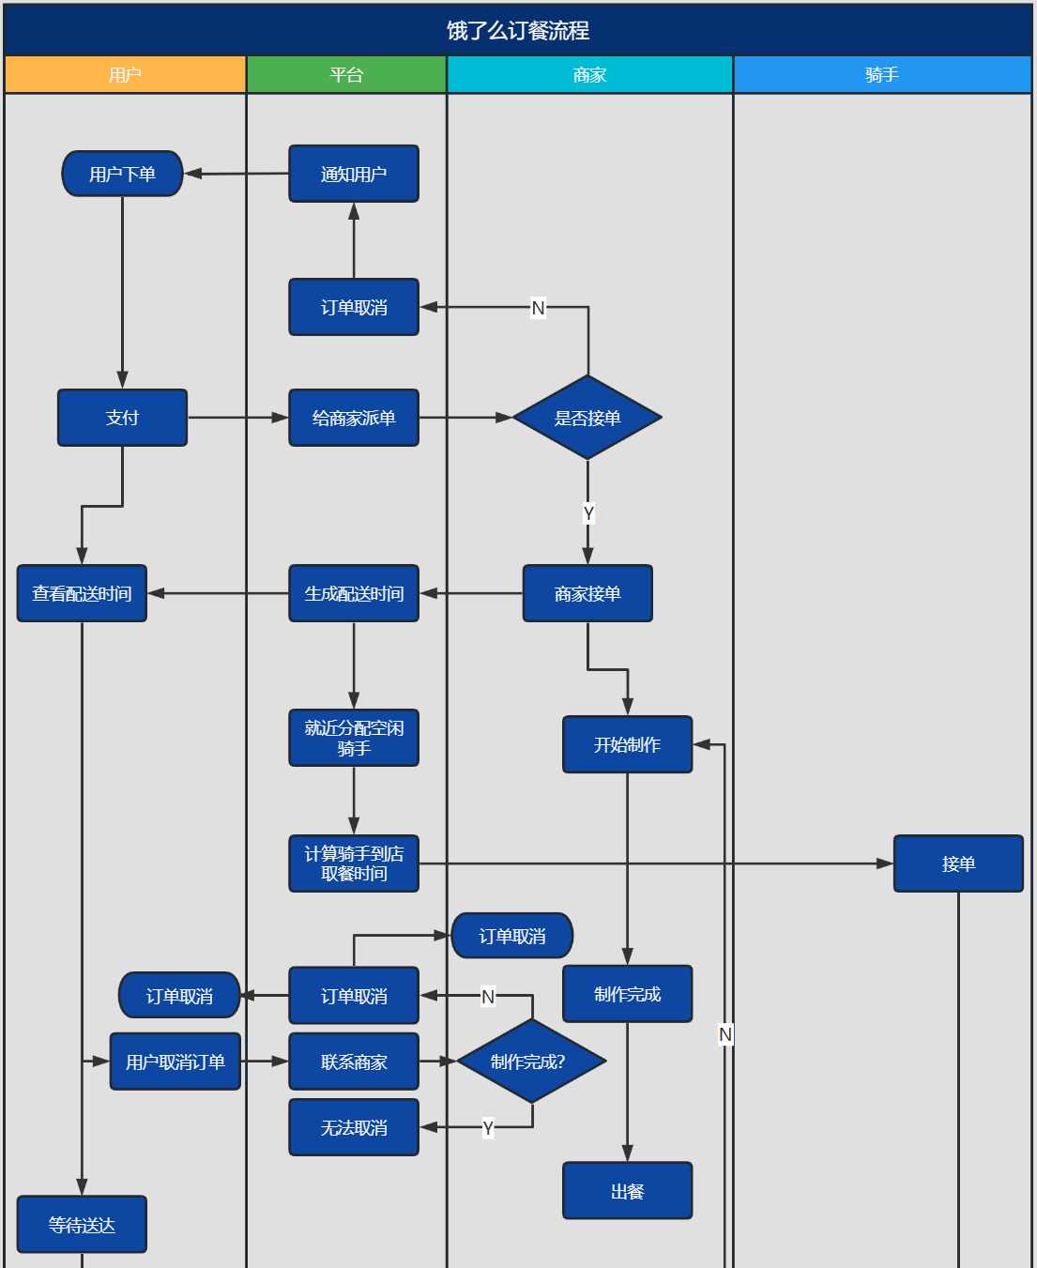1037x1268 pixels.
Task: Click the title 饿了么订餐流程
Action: [x=518, y=31]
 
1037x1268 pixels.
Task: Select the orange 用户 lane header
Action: [x=125, y=75]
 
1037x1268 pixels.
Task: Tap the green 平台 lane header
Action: [x=346, y=75]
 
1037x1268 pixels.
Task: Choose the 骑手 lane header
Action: [x=882, y=75]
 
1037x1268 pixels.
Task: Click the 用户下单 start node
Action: [x=122, y=174]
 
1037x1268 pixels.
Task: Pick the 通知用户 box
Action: [x=354, y=174]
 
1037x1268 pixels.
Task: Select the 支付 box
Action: [x=122, y=418]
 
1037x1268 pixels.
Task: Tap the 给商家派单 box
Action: [x=354, y=418]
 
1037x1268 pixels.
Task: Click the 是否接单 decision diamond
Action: [x=587, y=418]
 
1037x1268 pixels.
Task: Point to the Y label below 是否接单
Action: [x=588, y=513]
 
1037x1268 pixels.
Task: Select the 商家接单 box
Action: [x=587, y=593]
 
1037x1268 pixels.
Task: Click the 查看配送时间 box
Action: [x=82, y=593]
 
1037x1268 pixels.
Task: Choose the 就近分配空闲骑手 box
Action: [x=354, y=738]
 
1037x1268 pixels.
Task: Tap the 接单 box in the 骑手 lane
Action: [x=958, y=863]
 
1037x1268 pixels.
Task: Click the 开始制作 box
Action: [x=627, y=744]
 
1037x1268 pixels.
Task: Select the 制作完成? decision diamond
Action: [x=531, y=1062]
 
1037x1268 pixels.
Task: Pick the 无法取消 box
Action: [x=354, y=1127]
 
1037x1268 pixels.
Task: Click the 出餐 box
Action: [x=627, y=1191]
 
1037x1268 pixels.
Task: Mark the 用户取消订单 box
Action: [x=175, y=1062]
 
